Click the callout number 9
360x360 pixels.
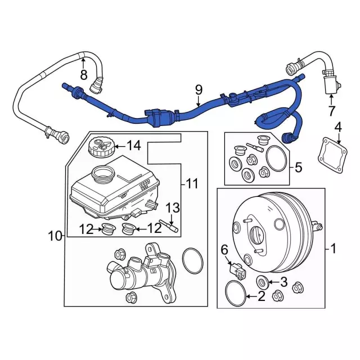[x=198, y=89]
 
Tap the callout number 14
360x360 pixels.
[x=133, y=146]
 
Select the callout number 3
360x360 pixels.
[x=284, y=282]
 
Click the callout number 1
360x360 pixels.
[x=332, y=247]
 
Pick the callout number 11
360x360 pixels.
[x=193, y=183]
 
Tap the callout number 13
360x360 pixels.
[x=172, y=208]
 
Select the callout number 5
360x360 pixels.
[x=299, y=166]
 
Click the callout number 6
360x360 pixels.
[x=224, y=248]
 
